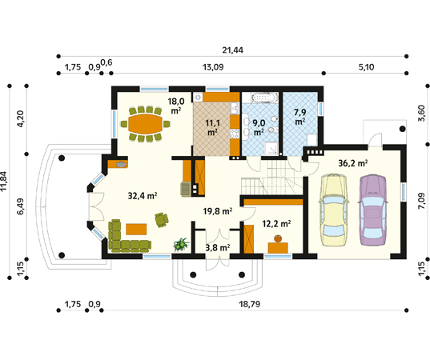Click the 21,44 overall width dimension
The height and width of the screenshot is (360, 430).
(x=232, y=50)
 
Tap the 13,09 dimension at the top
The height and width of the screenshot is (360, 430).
(x=213, y=67)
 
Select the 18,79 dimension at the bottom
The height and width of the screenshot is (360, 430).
(x=250, y=304)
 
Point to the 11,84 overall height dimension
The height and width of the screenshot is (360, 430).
(x=3, y=181)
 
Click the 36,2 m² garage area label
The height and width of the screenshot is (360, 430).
(x=353, y=163)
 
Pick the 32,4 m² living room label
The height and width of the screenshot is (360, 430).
(x=143, y=196)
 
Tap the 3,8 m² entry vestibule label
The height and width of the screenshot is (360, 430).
(x=218, y=248)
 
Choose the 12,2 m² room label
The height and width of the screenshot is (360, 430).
(x=276, y=224)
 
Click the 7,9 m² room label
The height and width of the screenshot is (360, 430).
(x=300, y=117)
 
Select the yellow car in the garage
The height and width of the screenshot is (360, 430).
(x=333, y=210)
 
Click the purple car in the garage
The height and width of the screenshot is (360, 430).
(x=373, y=210)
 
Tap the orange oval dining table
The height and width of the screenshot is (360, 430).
(x=146, y=124)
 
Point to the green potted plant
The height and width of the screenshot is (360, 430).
(x=181, y=244)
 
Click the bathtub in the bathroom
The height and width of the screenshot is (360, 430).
(x=264, y=98)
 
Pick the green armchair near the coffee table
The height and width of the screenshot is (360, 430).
(x=161, y=220)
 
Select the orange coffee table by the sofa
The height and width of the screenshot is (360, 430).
(x=136, y=229)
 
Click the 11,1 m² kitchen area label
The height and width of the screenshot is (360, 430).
(x=213, y=128)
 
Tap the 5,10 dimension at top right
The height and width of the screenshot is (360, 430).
(x=366, y=67)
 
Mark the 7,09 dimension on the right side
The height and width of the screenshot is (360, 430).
(x=421, y=201)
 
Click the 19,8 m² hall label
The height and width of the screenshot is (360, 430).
(x=218, y=211)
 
